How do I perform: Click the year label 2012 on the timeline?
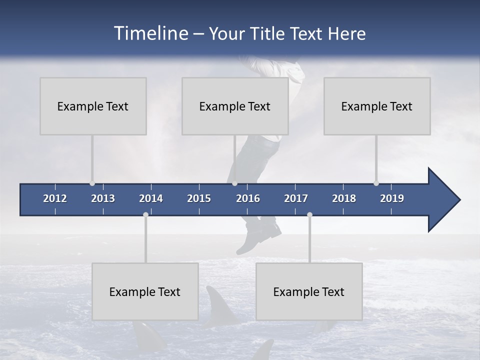tap(55, 198)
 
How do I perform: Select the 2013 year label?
tap(103, 198)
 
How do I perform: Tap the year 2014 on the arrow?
tap(151, 198)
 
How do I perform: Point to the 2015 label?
tap(199, 198)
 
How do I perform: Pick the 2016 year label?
tap(248, 198)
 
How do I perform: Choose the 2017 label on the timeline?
tap(296, 198)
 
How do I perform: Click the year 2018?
tap(344, 198)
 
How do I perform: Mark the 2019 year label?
tap(392, 198)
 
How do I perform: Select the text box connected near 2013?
tap(93, 106)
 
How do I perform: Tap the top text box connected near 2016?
tap(235, 106)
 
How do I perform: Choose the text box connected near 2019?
tap(377, 106)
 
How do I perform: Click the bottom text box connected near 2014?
tap(145, 291)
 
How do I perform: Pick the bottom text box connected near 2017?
tap(309, 291)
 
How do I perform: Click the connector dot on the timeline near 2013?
tap(92, 183)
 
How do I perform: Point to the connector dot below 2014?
tap(145, 214)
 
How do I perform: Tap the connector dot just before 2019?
tap(376, 183)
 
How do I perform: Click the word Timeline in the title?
tap(149, 33)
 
